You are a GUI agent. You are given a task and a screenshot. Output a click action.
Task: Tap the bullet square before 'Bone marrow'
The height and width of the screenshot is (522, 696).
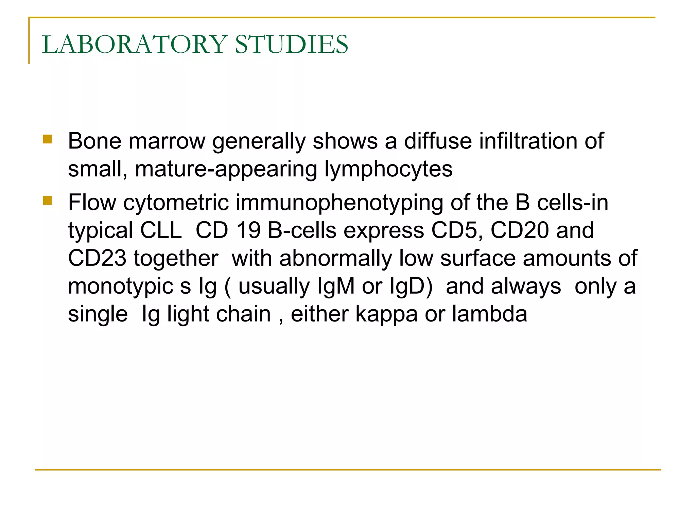pyautogui.click(x=47, y=139)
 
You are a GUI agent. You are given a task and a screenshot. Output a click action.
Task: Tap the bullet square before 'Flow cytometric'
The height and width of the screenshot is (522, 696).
pyautogui.click(x=47, y=201)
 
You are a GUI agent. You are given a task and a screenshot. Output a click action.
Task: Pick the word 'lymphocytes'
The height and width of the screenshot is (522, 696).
pyautogui.click(x=388, y=169)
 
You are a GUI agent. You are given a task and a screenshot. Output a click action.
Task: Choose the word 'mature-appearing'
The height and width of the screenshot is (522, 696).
pyautogui.click(x=226, y=169)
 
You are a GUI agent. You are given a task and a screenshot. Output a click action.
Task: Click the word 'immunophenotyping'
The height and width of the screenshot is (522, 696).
pyautogui.click(x=339, y=203)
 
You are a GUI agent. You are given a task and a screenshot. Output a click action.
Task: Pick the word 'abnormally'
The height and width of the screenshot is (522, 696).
pyautogui.click(x=335, y=259)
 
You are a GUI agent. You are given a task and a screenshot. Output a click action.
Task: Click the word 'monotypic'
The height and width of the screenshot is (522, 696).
pyautogui.click(x=121, y=286)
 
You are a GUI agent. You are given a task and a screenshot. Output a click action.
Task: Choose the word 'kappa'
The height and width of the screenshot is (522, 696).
pyautogui.click(x=386, y=314)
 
